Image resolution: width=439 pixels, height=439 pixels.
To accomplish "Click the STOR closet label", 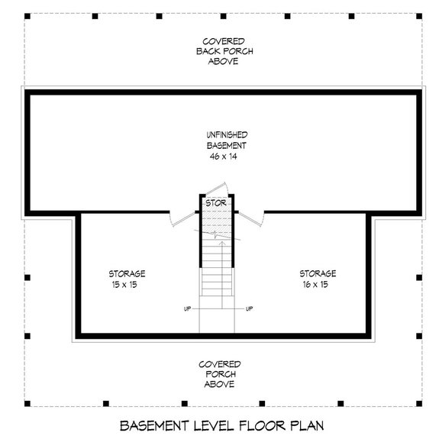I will pos(216,204).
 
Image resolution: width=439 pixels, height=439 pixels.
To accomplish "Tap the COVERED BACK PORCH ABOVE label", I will pos(223,50).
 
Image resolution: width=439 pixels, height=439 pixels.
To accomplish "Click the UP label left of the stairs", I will pos(187,309).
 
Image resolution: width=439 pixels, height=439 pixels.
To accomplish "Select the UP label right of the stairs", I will pos(250,309).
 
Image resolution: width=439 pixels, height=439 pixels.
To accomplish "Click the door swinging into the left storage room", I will pos(180,220).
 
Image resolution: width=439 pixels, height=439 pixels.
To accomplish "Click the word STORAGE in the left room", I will pos(127,273).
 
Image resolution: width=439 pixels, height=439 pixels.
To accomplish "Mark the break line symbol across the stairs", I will pos(217,236).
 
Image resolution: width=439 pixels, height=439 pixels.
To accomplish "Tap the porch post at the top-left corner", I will pos(26,15).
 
